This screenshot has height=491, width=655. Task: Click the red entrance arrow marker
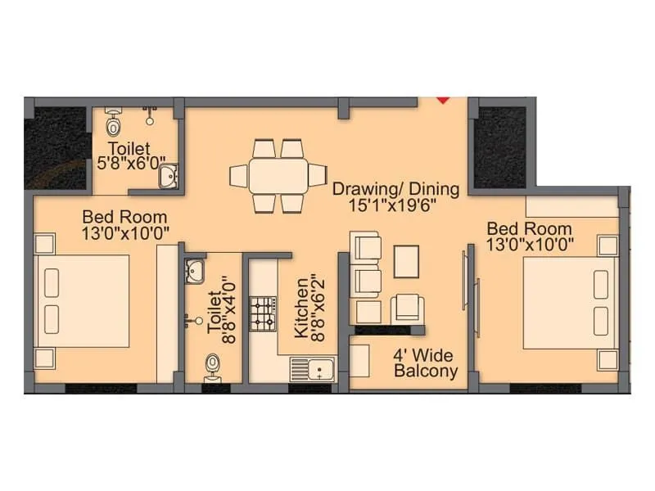[x=443, y=100]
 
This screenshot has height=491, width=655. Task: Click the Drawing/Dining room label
[x=395, y=189]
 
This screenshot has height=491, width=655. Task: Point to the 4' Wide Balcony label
[x=424, y=363]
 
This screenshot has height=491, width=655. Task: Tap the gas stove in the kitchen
[x=262, y=313]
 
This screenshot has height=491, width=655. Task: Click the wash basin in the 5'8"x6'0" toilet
[x=168, y=175]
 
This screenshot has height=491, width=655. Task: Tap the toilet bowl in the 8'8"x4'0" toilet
[x=213, y=366]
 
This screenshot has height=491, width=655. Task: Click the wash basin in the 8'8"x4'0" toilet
[x=195, y=269]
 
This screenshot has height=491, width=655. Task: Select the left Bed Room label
[x=124, y=218]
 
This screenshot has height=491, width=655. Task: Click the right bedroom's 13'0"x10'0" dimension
[x=530, y=244]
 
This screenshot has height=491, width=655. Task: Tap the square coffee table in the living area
[x=406, y=261]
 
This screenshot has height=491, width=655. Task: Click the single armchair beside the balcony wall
[x=408, y=309]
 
